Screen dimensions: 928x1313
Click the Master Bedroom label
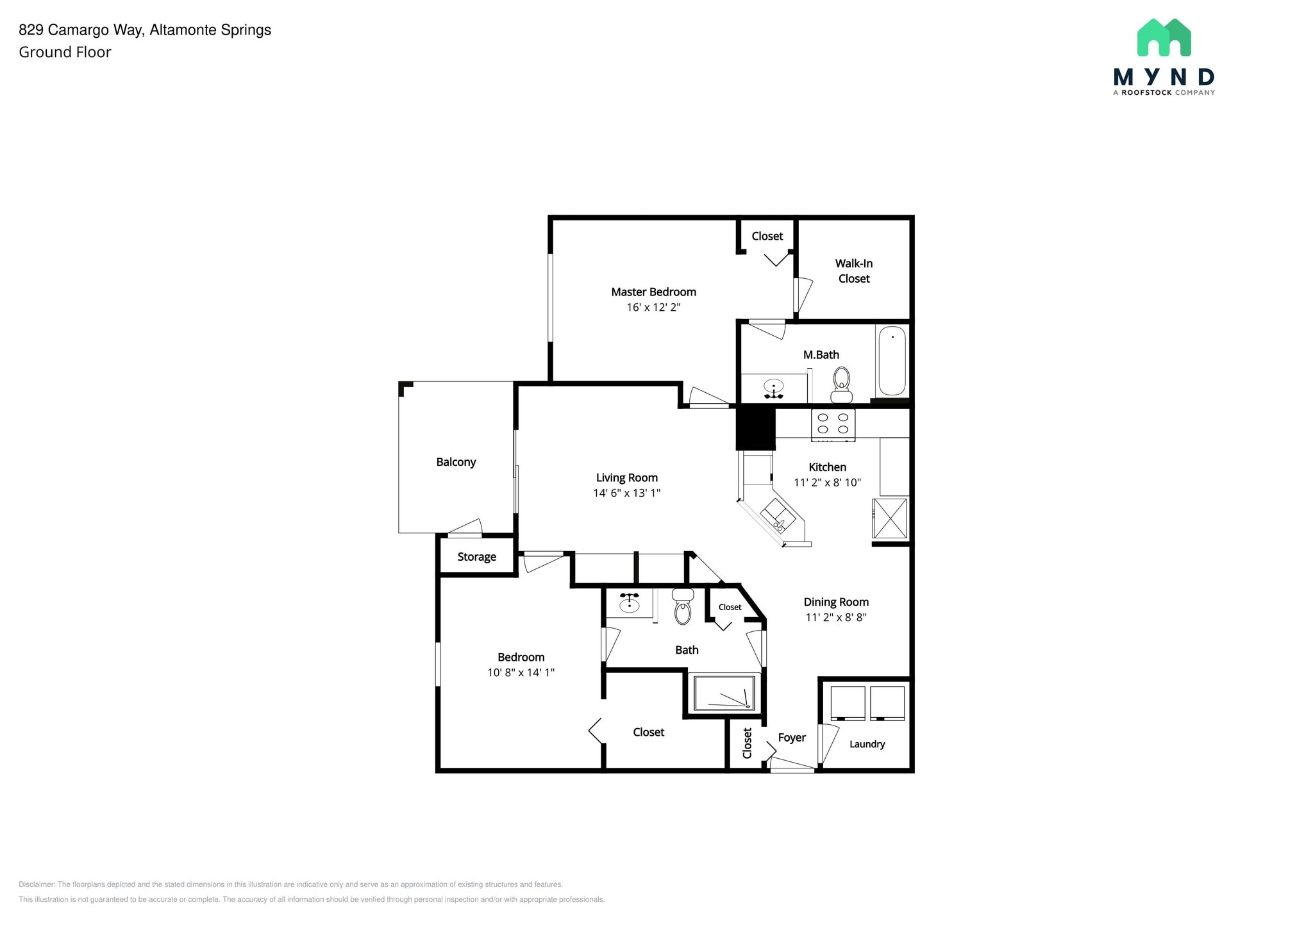(x=653, y=292)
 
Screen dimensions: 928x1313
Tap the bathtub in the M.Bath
(x=891, y=361)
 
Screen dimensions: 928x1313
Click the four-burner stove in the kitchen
(x=833, y=424)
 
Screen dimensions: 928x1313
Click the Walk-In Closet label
(x=853, y=270)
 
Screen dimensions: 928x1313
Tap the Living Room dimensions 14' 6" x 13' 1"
(x=626, y=493)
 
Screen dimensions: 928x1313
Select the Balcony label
(x=456, y=462)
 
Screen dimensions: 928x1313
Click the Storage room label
(x=476, y=557)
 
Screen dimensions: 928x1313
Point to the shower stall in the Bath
(x=724, y=693)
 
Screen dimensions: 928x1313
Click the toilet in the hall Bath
(x=683, y=607)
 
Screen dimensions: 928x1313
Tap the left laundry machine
(x=848, y=703)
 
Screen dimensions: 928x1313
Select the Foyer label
(x=792, y=738)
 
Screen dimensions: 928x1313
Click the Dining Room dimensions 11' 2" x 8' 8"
(x=836, y=617)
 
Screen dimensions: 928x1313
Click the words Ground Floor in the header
(x=65, y=53)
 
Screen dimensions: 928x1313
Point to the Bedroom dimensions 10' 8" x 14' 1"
(x=521, y=672)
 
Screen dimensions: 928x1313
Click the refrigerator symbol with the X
(x=890, y=518)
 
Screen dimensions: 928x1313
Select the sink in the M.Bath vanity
(x=774, y=386)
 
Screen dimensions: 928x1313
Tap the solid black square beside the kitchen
(x=755, y=428)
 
